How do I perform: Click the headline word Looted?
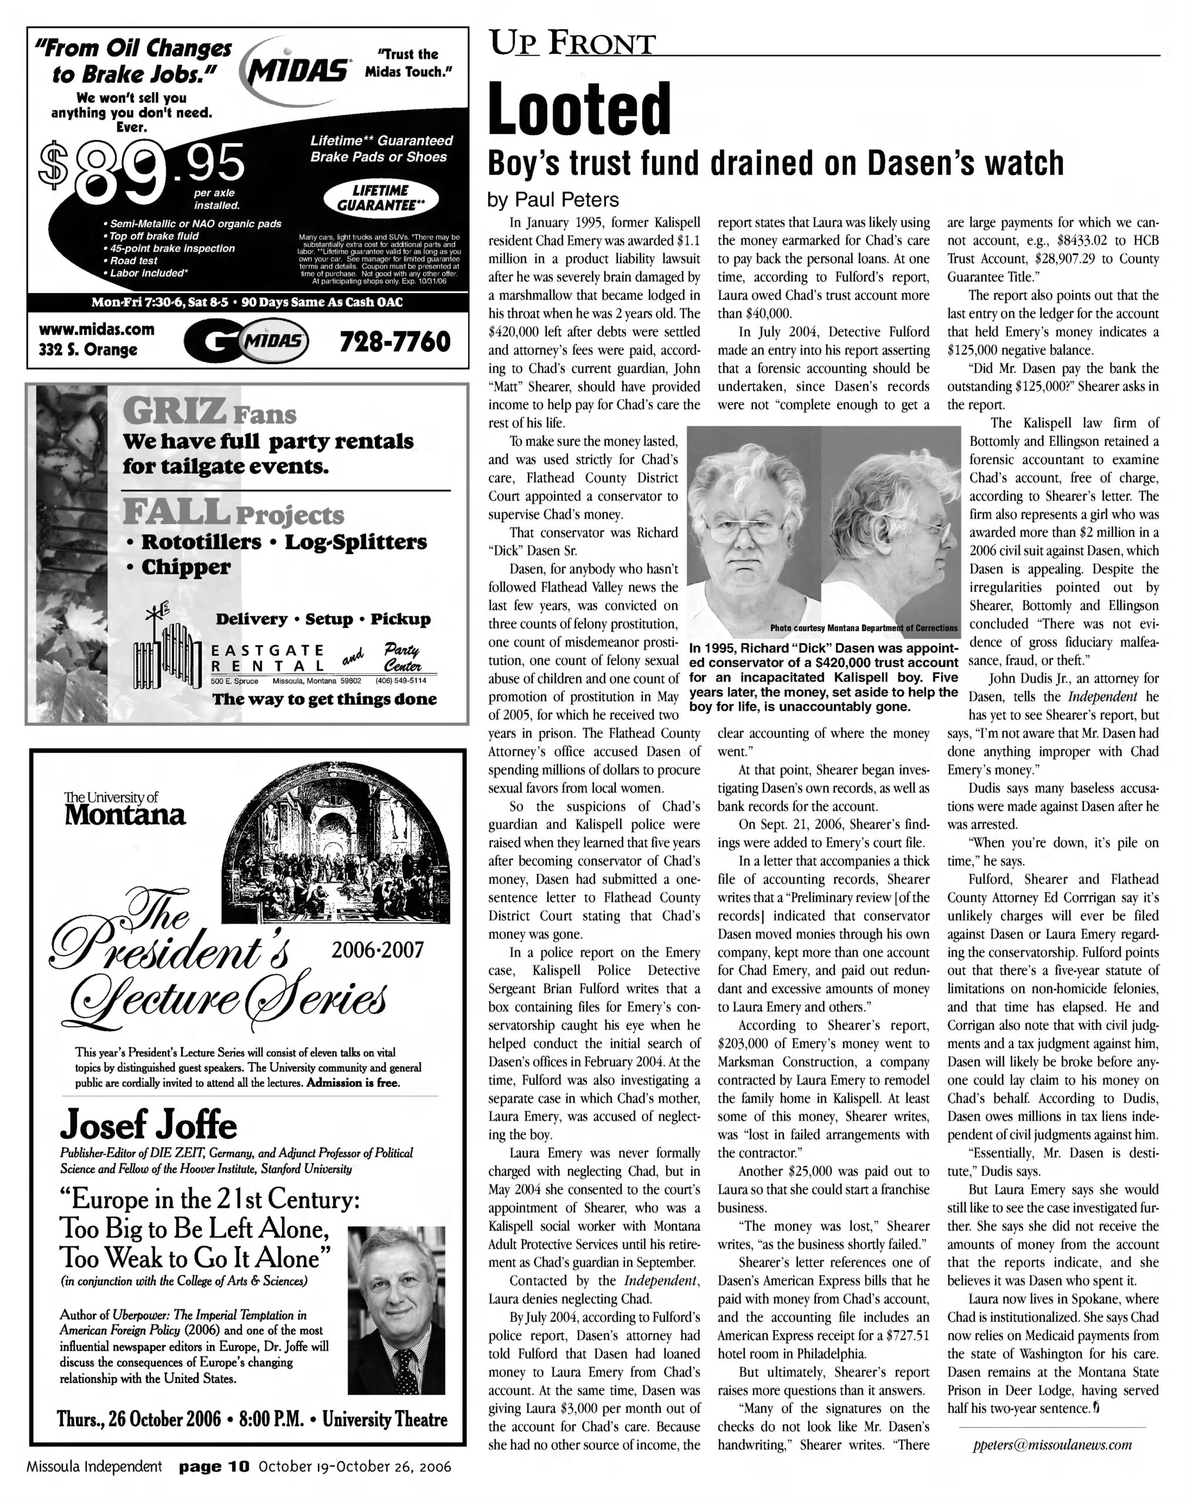coord(580,109)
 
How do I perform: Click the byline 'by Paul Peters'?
coord(553,200)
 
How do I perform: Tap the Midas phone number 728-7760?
coord(395,341)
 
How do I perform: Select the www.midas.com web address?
coord(96,330)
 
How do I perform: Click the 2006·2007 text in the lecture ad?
coord(378,950)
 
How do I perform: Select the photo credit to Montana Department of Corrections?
coord(863,627)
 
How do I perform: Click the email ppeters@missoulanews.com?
coord(1052,1445)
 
